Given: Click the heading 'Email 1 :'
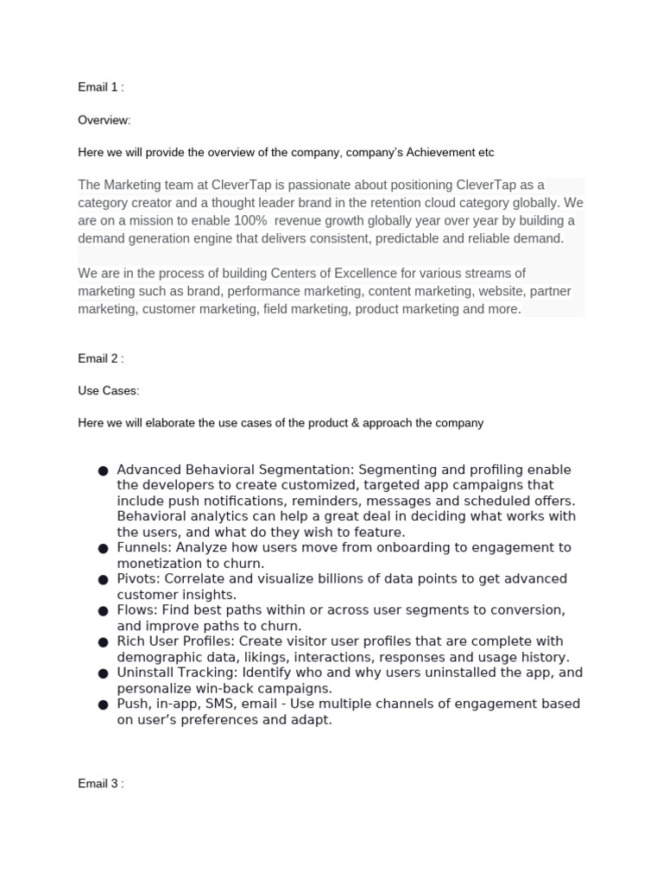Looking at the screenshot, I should pyautogui.click(x=102, y=87).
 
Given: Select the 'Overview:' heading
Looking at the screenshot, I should pyautogui.click(x=104, y=120).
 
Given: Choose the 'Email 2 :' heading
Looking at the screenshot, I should pyautogui.click(x=102, y=358).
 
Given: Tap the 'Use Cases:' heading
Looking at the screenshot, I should pyautogui.click(x=108, y=391).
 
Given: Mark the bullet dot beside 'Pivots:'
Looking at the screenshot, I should pyautogui.click(x=103, y=579).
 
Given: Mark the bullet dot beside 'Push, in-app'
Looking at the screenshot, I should pyautogui.click(x=103, y=704).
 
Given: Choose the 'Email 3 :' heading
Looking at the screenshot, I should pyautogui.click(x=102, y=784).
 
